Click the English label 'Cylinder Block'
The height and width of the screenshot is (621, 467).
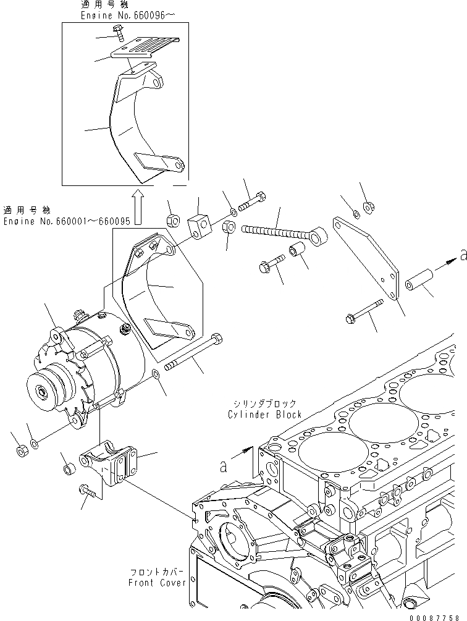tap(264, 415)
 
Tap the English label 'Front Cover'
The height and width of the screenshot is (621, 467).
tap(157, 582)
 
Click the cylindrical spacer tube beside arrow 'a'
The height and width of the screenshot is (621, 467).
tap(419, 285)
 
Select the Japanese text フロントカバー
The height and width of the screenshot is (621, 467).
tap(157, 572)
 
